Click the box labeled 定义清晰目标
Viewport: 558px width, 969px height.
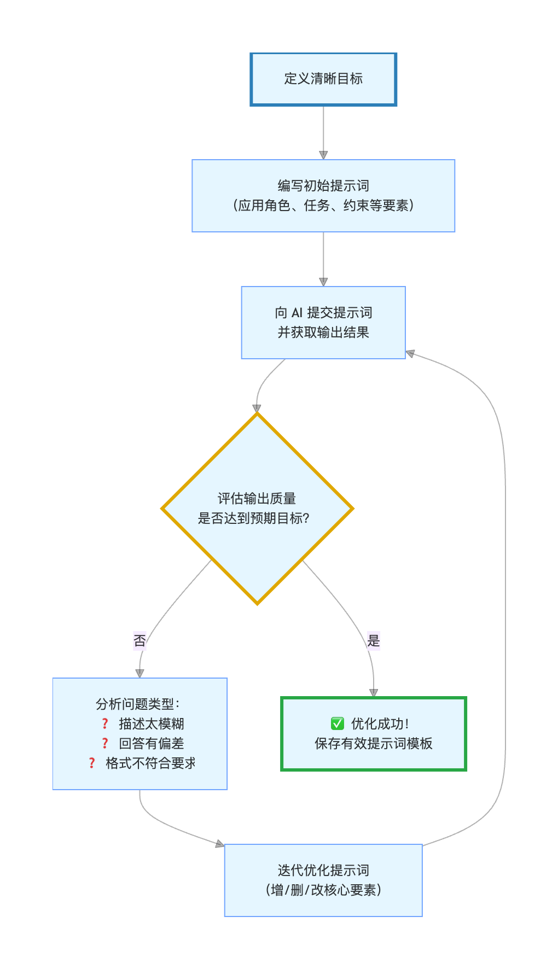pyautogui.click(x=323, y=79)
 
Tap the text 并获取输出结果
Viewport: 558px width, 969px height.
pyautogui.click(x=323, y=332)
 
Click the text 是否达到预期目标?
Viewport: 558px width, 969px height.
pyautogui.click(x=254, y=518)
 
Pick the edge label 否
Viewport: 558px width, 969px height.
pyautogui.click(x=139, y=640)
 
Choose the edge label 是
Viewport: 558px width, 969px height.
pyautogui.click(x=374, y=640)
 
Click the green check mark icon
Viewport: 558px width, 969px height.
pyautogui.click(x=338, y=723)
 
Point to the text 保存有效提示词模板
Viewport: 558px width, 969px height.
pyautogui.click(x=374, y=744)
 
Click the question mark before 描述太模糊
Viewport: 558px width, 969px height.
pyautogui.click(x=105, y=723)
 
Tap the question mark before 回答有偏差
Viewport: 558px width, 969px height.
pyautogui.click(x=105, y=743)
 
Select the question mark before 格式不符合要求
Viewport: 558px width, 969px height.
pyautogui.click(x=92, y=763)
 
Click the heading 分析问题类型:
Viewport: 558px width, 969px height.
pyautogui.click(x=138, y=704)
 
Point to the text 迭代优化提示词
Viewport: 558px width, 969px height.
pyautogui.click(x=323, y=870)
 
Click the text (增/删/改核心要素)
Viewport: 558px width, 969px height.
pyautogui.click(x=323, y=890)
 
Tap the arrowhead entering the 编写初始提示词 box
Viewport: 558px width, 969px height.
pyautogui.click(x=323, y=155)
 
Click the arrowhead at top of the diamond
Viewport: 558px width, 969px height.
pyautogui.click(x=257, y=408)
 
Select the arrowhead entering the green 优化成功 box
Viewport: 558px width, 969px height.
pyautogui.click(x=374, y=693)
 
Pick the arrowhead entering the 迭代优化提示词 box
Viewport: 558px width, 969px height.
pyautogui.click(x=220, y=844)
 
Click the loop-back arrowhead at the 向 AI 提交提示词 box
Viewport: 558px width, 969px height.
pyautogui.click(x=411, y=354)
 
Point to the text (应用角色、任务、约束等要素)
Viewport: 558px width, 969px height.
pyautogui.click(x=323, y=206)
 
